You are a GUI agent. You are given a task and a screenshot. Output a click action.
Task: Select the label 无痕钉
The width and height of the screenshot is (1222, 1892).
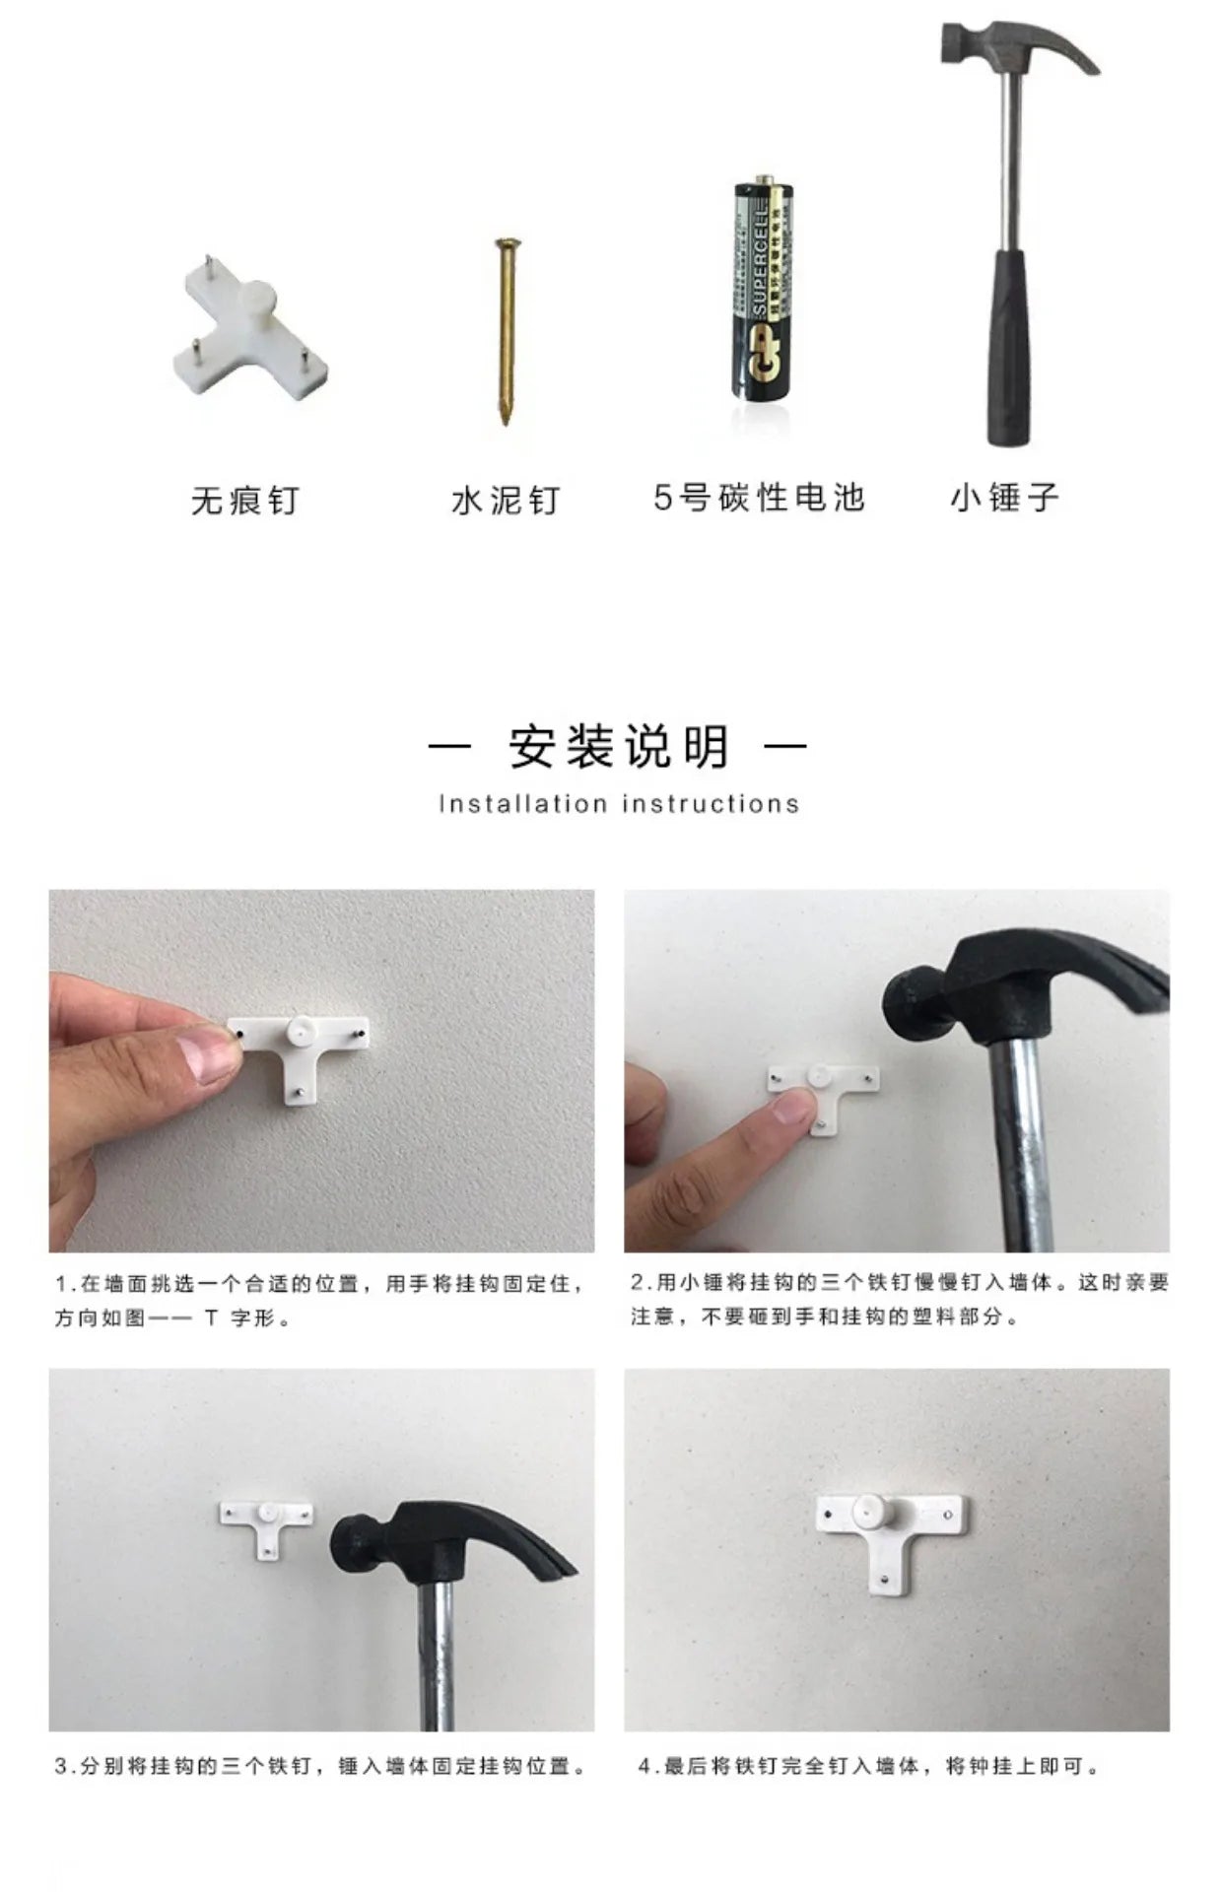pos(244,501)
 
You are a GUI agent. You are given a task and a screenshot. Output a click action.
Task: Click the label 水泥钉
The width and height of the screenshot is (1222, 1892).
pos(506,501)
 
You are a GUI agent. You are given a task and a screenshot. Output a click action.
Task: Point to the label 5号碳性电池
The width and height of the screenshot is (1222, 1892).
pos(759,498)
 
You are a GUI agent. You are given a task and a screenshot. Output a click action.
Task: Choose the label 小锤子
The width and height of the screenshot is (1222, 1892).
pos(1005,498)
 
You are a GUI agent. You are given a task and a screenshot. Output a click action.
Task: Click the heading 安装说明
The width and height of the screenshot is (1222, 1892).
pos(619,746)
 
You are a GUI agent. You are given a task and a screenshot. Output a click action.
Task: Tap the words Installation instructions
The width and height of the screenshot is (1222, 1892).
pos(619,804)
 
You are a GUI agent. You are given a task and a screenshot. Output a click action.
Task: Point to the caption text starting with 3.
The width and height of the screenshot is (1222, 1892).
pos(320,1766)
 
